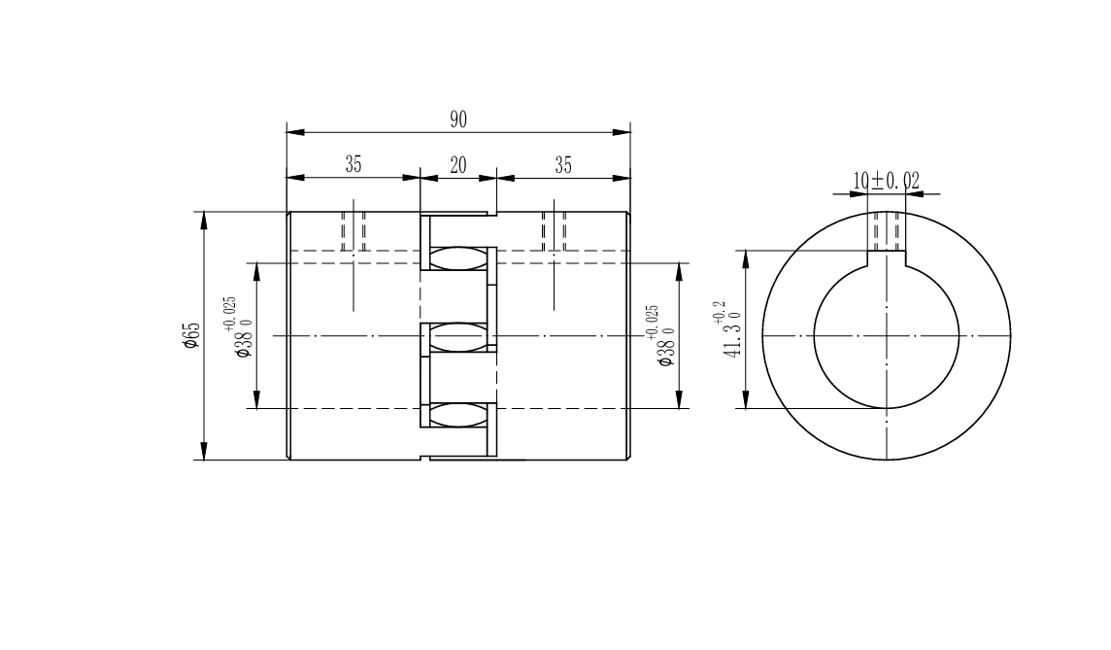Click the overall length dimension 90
coord(458,120)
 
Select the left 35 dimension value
coord(353,164)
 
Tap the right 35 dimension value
coord(563,165)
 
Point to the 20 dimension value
coord(458,165)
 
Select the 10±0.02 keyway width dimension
coord(886,181)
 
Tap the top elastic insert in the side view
coord(459,258)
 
